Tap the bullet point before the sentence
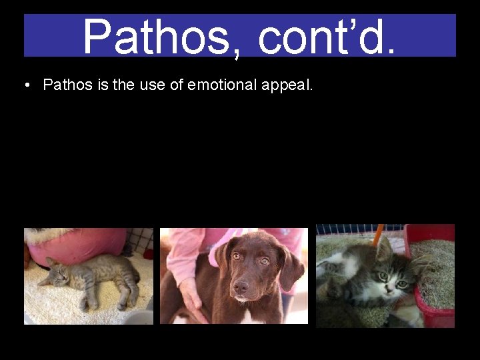click(26, 85)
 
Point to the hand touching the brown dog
click(191, 293)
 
